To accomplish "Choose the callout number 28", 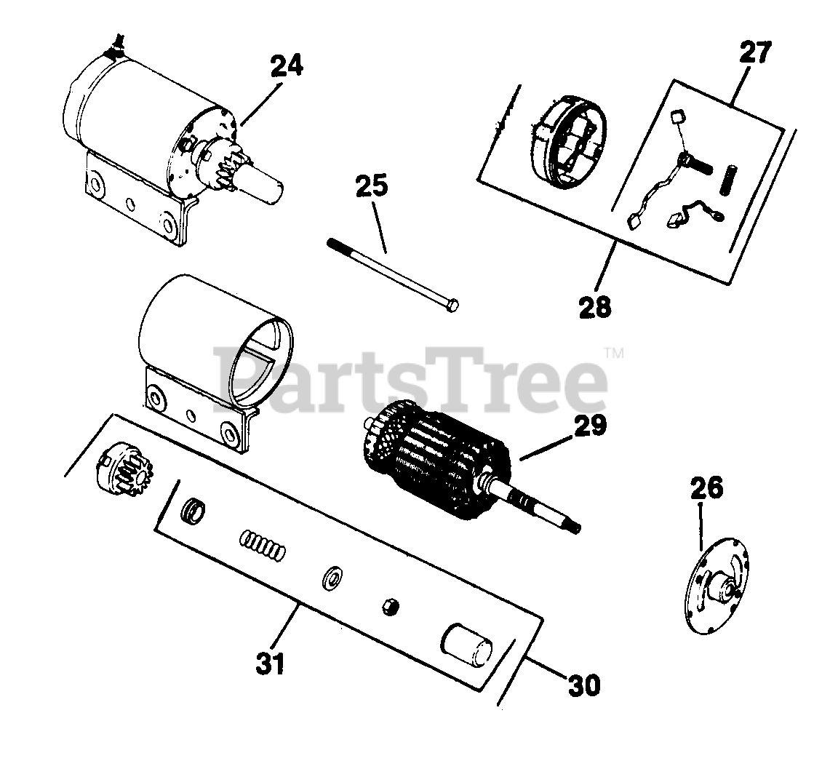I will pyautogui.click(x=595, y=306).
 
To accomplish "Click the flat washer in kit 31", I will pyautogui.click(x=333, y=578).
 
